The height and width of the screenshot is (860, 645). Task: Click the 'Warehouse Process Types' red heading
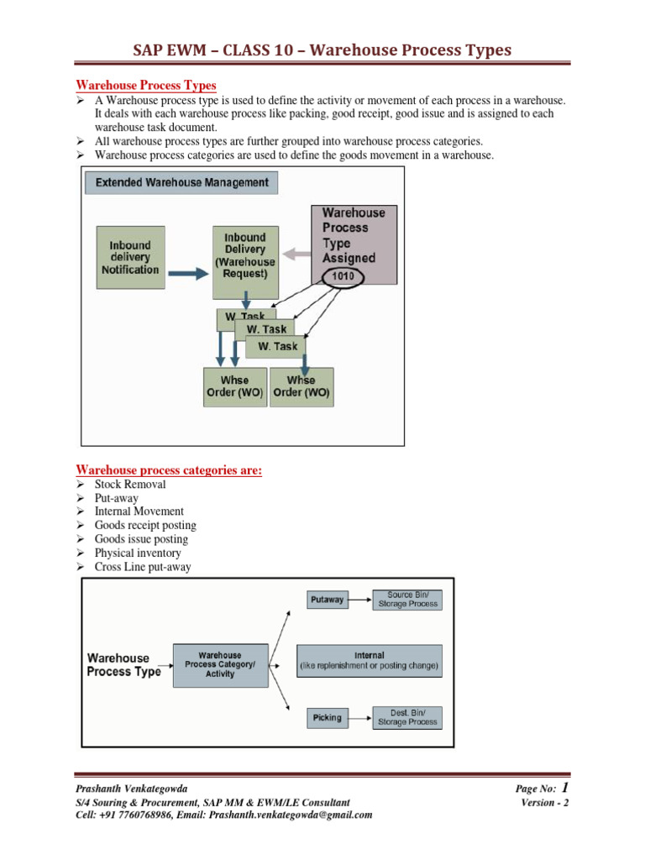point(146,86)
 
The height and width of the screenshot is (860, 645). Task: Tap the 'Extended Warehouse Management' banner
point(181,182)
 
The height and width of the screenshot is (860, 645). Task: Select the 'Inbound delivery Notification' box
point(130,258)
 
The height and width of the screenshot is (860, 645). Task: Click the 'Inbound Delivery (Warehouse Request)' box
point(244,261)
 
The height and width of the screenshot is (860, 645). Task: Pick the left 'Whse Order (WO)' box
point(235,387)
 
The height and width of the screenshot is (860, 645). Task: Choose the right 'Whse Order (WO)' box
point(302,387)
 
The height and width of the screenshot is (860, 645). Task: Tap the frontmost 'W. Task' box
point(276,346)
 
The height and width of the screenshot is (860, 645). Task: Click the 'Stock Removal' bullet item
point(130,485)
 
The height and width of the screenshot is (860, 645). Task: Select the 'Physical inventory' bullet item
point(138,553)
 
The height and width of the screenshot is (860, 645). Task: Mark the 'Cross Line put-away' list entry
point(143,567)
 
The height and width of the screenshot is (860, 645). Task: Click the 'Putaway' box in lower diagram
point(327,600)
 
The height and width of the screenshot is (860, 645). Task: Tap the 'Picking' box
point(327,717)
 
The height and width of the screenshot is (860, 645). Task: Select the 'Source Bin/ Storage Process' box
point(407,600)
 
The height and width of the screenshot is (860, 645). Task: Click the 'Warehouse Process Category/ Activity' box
point(220,664)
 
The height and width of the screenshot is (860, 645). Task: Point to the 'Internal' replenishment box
point(370,660)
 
